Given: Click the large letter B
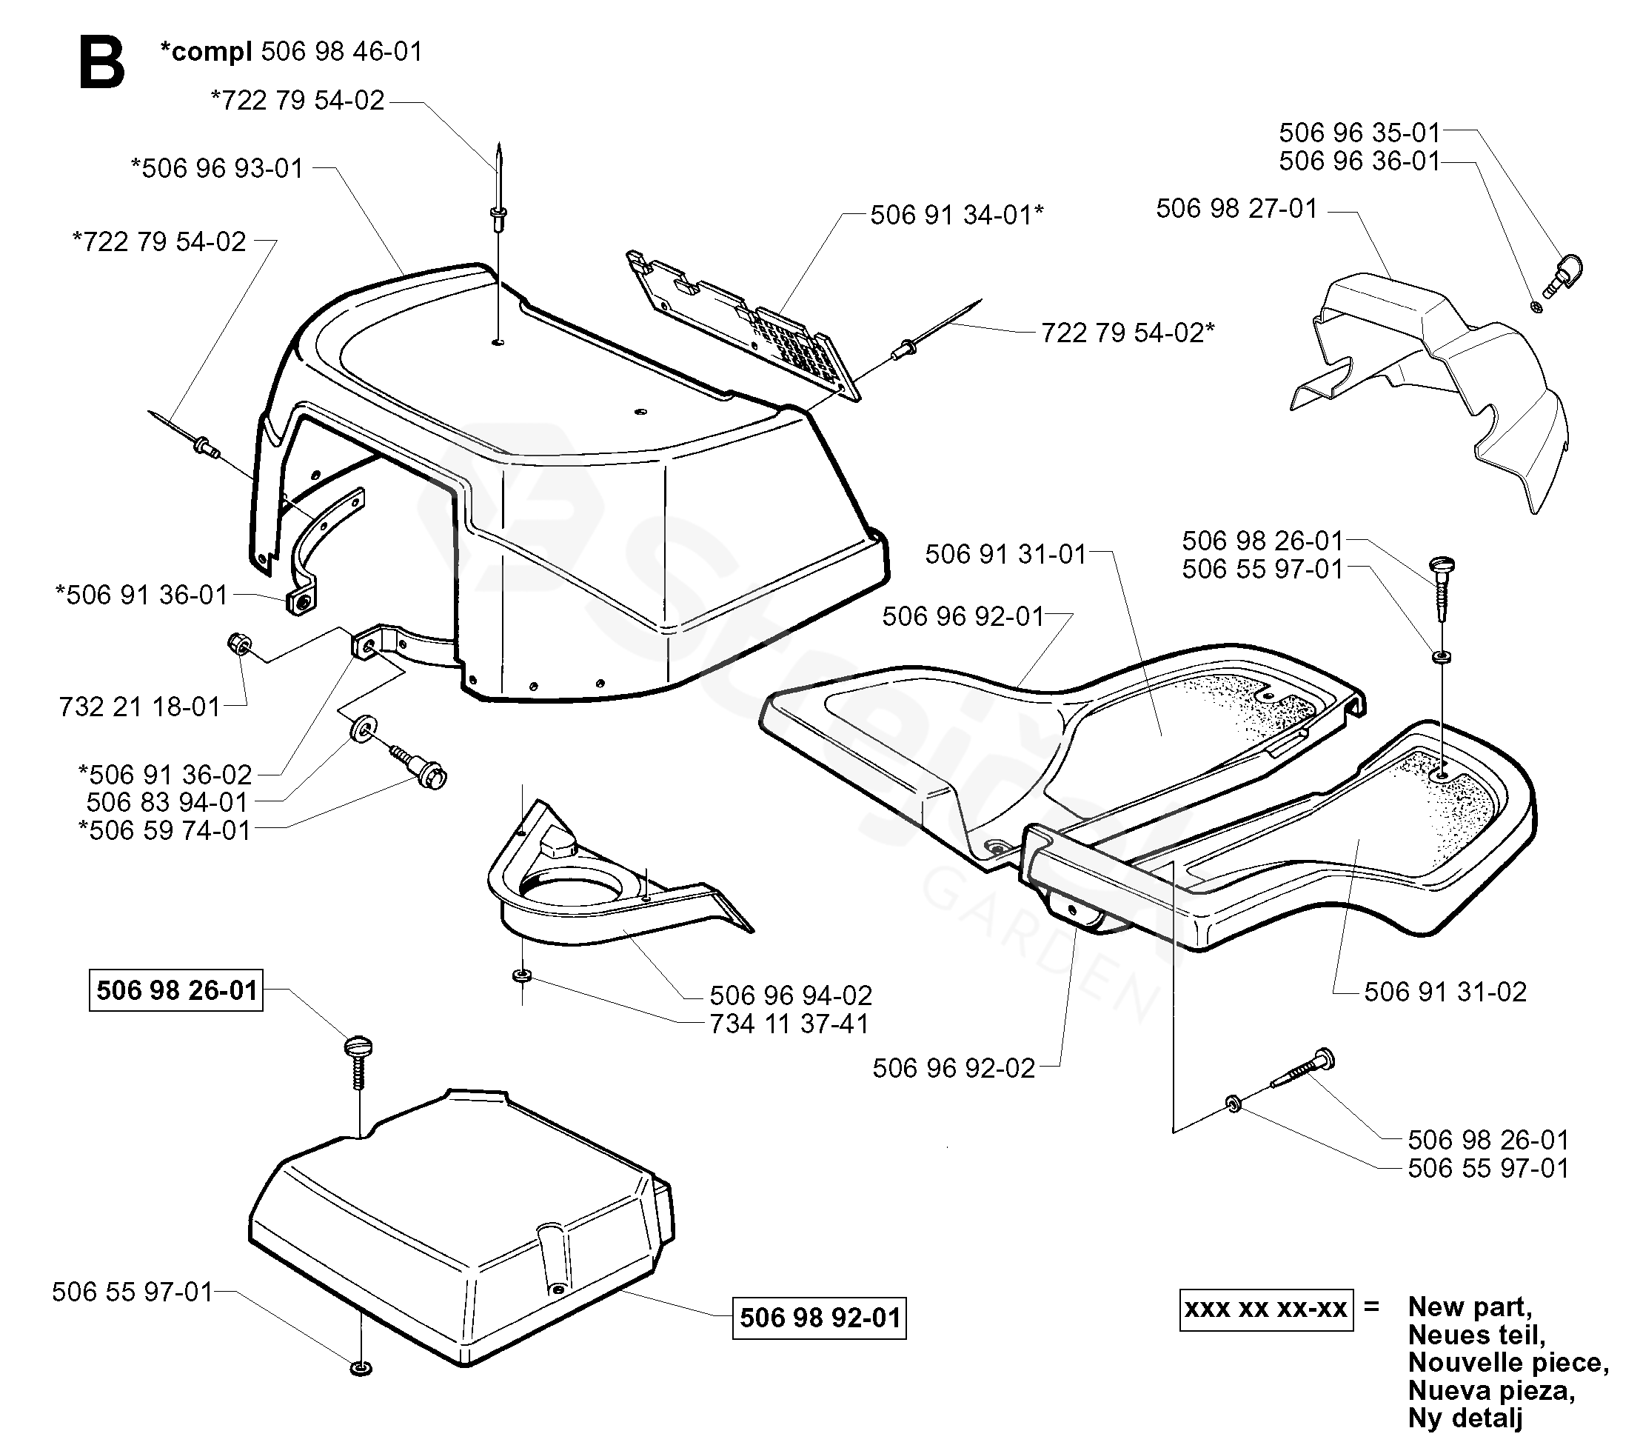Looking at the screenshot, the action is point(102,64).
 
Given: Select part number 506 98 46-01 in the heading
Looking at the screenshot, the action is point(342,51).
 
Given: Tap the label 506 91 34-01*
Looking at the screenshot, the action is point(957,215).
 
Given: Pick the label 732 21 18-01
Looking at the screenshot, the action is point(140,707).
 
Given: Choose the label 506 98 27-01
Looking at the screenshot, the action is point(1236,209).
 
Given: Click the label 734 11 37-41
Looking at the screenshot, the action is point(789,1024).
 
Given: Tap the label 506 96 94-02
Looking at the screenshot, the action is point(790,995).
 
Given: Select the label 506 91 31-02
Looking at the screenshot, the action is point(1445,991).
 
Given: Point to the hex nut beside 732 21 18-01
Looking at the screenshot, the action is point(239,644).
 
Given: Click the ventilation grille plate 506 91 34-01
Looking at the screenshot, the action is point(742,325).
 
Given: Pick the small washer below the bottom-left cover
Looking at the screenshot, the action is point(361,1368).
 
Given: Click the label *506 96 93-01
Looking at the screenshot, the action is point(218,169).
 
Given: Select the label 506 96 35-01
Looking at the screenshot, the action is point(1359,133).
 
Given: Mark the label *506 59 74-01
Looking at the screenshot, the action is point(164,830).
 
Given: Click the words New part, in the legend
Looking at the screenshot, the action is point(1470,1307).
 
